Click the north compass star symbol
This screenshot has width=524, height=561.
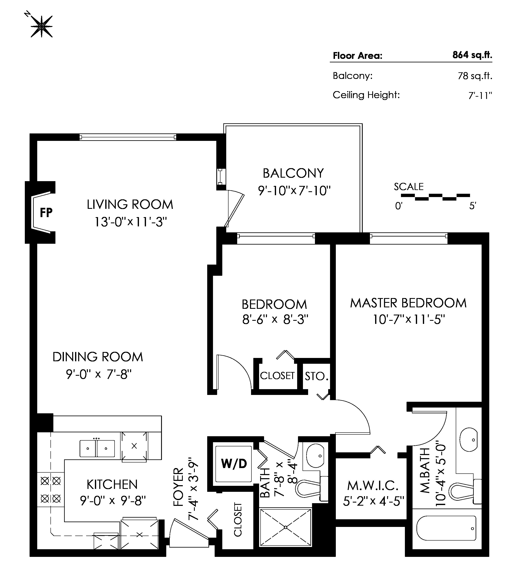coord(42,26)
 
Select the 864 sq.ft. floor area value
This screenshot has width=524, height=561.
coord(472,55)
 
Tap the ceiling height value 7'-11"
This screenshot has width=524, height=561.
coord(480,95)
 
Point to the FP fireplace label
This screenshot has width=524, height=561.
coord(46,213)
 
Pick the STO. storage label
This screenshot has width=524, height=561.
coord(316,376)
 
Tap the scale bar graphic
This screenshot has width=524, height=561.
coord(435,197)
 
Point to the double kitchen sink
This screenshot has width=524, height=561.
coord(97,448)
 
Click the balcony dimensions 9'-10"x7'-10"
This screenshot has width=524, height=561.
coord(294,191)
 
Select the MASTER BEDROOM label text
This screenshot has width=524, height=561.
coord(408,303)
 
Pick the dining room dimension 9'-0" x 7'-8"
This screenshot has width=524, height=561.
coord(99,374)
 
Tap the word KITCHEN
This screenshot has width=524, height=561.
coord(112,485)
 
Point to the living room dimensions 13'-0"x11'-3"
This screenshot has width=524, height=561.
coord(130,222)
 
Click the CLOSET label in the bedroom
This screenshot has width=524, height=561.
coord(277,376)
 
